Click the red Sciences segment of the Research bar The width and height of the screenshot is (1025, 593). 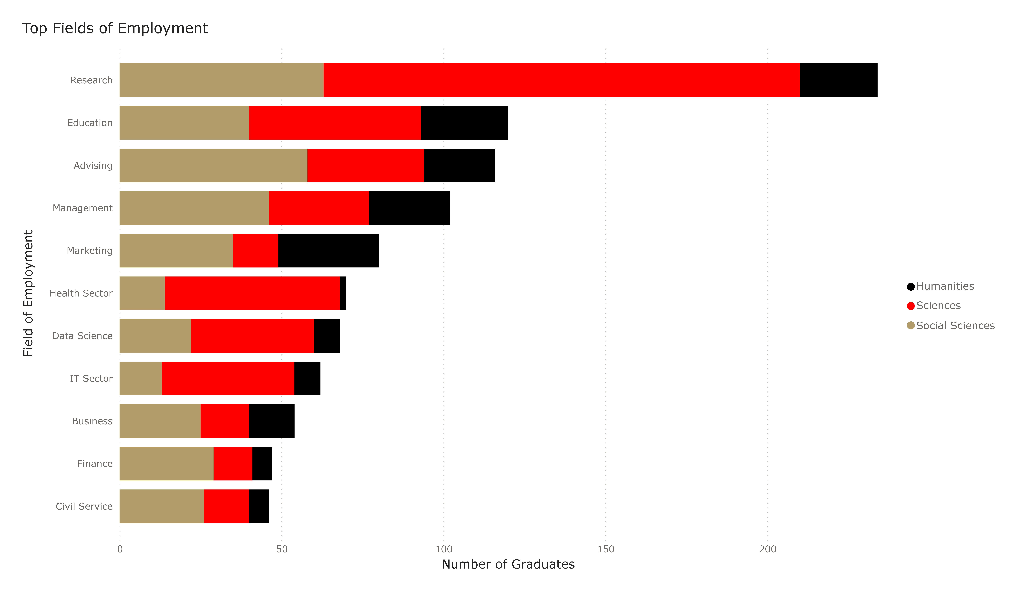(561, 80)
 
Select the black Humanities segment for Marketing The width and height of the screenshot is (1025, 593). (328, 251)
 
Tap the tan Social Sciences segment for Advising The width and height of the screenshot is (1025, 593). (213, 165)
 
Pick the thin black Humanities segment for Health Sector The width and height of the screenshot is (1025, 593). (343, 293)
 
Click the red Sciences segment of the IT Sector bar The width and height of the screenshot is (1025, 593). (228, 379)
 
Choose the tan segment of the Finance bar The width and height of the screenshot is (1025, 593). (166, 464)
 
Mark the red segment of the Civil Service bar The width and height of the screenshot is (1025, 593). (226, 506)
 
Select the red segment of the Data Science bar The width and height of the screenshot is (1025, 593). (252, 336)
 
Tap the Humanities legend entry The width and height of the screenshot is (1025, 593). (944, 286)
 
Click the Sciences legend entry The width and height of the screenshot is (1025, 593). (938, 306)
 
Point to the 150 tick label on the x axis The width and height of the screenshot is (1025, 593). (606, 549)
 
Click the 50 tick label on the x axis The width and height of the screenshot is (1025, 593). (281, 549)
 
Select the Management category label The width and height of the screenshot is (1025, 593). (83, 208)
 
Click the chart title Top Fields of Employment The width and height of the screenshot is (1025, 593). (115, 29)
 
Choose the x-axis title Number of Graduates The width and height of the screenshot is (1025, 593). (508, 564)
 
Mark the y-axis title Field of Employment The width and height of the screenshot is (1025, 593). (28, 293)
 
